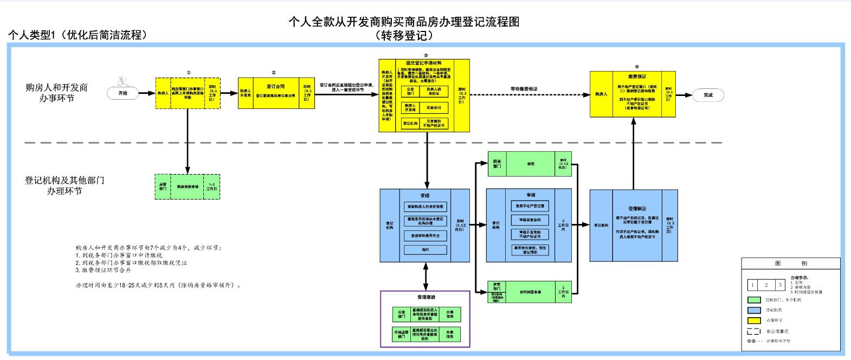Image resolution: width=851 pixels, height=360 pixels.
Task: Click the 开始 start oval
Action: coord(124,93)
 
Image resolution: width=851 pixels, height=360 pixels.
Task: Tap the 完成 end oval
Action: coord(708,95)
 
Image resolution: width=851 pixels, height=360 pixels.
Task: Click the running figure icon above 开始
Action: coord(124,80)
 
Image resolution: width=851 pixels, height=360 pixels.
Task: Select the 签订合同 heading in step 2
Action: coord(275,86)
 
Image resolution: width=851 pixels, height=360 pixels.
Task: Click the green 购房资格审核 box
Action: coord(187,187)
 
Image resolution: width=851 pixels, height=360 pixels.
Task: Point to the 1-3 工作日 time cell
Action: coord(211,187)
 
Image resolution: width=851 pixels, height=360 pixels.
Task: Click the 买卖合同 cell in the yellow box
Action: coord(433,107)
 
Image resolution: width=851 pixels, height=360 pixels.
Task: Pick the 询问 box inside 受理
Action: coord(425,249)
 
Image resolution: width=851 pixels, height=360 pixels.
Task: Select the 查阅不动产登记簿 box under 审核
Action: coord(530,206)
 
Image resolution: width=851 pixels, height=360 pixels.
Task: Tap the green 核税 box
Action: coord(530,163)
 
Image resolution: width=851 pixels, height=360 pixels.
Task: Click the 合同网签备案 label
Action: coord(530,292)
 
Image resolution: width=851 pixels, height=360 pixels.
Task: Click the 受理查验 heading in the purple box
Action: coord(425,297)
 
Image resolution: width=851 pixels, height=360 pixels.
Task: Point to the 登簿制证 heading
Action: coord(637,208)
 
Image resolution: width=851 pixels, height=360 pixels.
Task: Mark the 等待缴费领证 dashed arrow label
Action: coord(524,88)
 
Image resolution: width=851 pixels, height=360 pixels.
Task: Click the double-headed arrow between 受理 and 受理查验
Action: coord(425,277)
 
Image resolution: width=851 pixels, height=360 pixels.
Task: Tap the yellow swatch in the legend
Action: coord(753,320)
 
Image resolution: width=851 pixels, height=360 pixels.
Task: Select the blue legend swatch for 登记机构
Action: coord(753,310)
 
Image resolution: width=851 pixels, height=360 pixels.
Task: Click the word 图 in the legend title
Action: coord(778,263)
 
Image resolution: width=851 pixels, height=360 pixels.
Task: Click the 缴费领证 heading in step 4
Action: coord(637,77)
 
